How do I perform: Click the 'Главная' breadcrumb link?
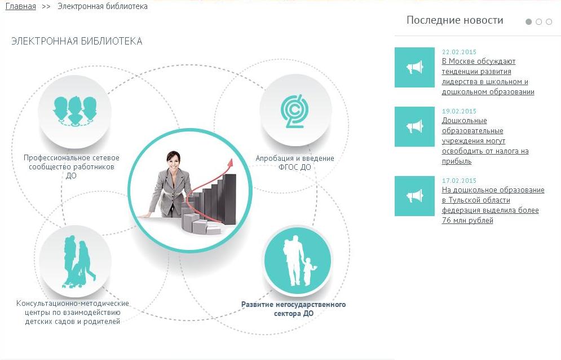pyautogui.click(x=21, y=6)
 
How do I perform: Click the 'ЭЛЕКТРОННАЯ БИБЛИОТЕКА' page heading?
pyautogui.click(x=77, y=41)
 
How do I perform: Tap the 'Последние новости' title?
pyautogui.click(x=455, y=20)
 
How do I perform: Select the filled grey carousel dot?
pyautogui.click(x=528, y=22)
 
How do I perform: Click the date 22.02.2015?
pyautogui.click(x=459, y=52)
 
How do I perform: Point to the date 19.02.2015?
pyautogui.click(x=459, y=111)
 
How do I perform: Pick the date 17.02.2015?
pyautogui.click(x=459, y=181)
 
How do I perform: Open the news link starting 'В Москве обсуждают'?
pyautogui.click(x=488, y=76)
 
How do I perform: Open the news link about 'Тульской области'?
pyautogui.click(x=493, y=205)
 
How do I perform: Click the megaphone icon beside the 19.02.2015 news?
pyautogui.click(x=414, y=126)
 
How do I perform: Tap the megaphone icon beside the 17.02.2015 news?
pyautogui.click(x=414, y=196)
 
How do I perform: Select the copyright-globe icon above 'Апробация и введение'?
pyautogui.click(x=294, y=111)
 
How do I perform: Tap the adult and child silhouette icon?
pyautogui.click(x=298, y=261)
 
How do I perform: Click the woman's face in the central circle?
pyautogui.click(x=173, y=161)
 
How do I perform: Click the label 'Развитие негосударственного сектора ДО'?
pyautogui.click(x=293, y=309)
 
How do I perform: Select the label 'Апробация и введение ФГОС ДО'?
pyautogui.click(x=295, y=163)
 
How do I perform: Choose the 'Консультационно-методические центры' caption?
pyautogui.click(x=73, y=313)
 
